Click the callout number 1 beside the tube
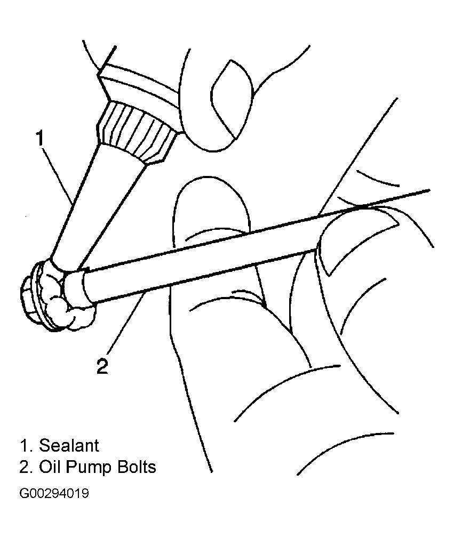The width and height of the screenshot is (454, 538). (x=41, y=138)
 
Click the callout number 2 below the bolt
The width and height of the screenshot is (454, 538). (x=102, y=366)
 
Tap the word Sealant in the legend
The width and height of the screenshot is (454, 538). (x=69, y=445)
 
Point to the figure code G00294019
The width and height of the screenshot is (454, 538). (x=54, y=493)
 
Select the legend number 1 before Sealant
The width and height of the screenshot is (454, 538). (x=26, y=445)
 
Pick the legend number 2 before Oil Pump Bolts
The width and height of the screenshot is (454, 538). (x=26, y=467)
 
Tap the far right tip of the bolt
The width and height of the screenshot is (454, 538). (x=429, y=190)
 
